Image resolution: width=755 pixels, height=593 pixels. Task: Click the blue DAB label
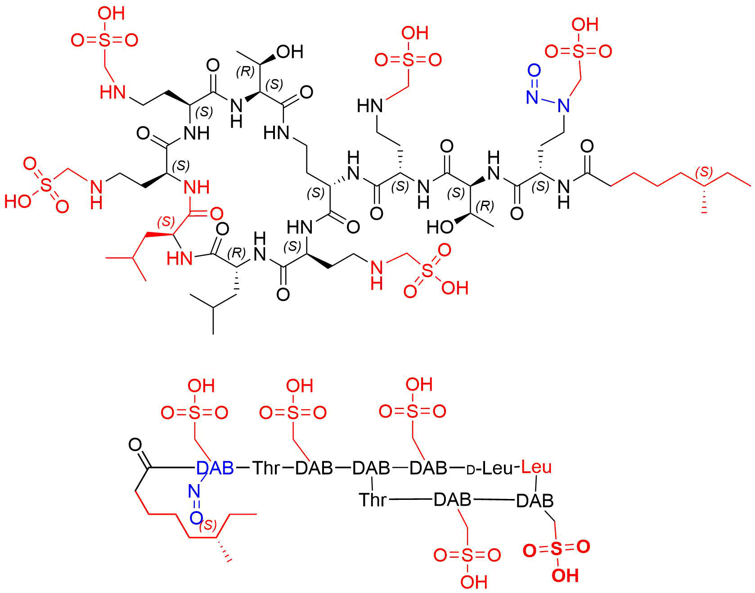(x=215, y=468)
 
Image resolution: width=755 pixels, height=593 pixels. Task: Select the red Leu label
(x=536, y=467)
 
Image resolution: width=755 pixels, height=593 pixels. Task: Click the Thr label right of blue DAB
(x=266, y=468)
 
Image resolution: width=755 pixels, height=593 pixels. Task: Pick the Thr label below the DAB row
(x=373, y=499)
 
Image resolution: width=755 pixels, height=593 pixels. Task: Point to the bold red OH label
(x=565, y=575)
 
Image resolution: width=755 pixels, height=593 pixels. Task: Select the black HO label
(x=440, y=227)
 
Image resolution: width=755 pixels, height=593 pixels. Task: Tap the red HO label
(x=18, y=201)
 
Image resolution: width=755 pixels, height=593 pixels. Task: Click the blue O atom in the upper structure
(x=534, y=71)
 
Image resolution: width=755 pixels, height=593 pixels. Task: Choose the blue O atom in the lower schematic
(x=196, y=518)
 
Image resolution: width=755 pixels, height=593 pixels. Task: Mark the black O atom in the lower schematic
(x=135, y=445)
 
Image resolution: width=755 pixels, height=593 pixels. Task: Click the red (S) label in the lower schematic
(x=208, y=525)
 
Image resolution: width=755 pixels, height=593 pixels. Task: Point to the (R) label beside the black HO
(x=485, y=207)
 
